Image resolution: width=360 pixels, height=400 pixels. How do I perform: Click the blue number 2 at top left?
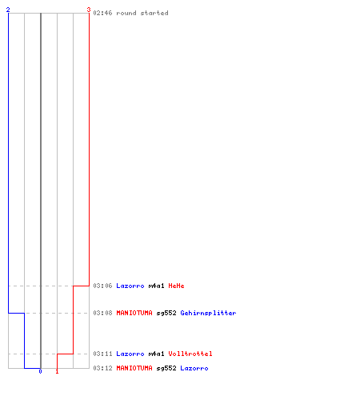(8, 10)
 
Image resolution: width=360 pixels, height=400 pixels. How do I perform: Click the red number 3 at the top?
(89, 10)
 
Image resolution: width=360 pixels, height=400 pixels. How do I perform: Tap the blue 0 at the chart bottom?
(40, 371)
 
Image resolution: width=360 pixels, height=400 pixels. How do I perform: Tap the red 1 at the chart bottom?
(57, 371)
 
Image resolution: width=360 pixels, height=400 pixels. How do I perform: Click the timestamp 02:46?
(102, 13)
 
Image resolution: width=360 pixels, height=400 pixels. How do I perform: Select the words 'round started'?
(142, 13)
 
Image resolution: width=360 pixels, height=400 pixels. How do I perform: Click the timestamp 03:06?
(102, 286)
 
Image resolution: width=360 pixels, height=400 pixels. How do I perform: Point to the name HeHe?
(176, 286)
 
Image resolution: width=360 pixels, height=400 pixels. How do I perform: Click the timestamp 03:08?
(102, 313)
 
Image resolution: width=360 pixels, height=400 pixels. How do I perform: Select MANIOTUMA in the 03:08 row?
(134, 313)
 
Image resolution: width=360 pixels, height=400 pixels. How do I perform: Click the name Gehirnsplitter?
(208, 313)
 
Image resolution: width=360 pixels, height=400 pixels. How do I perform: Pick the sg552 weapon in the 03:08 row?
(166, 313)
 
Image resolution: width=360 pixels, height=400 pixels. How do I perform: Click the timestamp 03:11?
(102, 354)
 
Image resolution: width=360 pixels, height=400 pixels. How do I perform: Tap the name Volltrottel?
(190, 354)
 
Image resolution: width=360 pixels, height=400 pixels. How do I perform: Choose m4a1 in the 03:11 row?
(156, 354)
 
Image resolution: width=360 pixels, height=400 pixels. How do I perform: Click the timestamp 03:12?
(102, 368)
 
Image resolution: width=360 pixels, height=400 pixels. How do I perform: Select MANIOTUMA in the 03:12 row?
(134, 368)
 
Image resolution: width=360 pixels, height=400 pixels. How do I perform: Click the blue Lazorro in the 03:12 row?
(194, 368)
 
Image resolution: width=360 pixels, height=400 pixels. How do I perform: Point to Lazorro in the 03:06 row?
(130, 286)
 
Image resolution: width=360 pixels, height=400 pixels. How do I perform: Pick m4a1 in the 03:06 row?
(156, 286)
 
